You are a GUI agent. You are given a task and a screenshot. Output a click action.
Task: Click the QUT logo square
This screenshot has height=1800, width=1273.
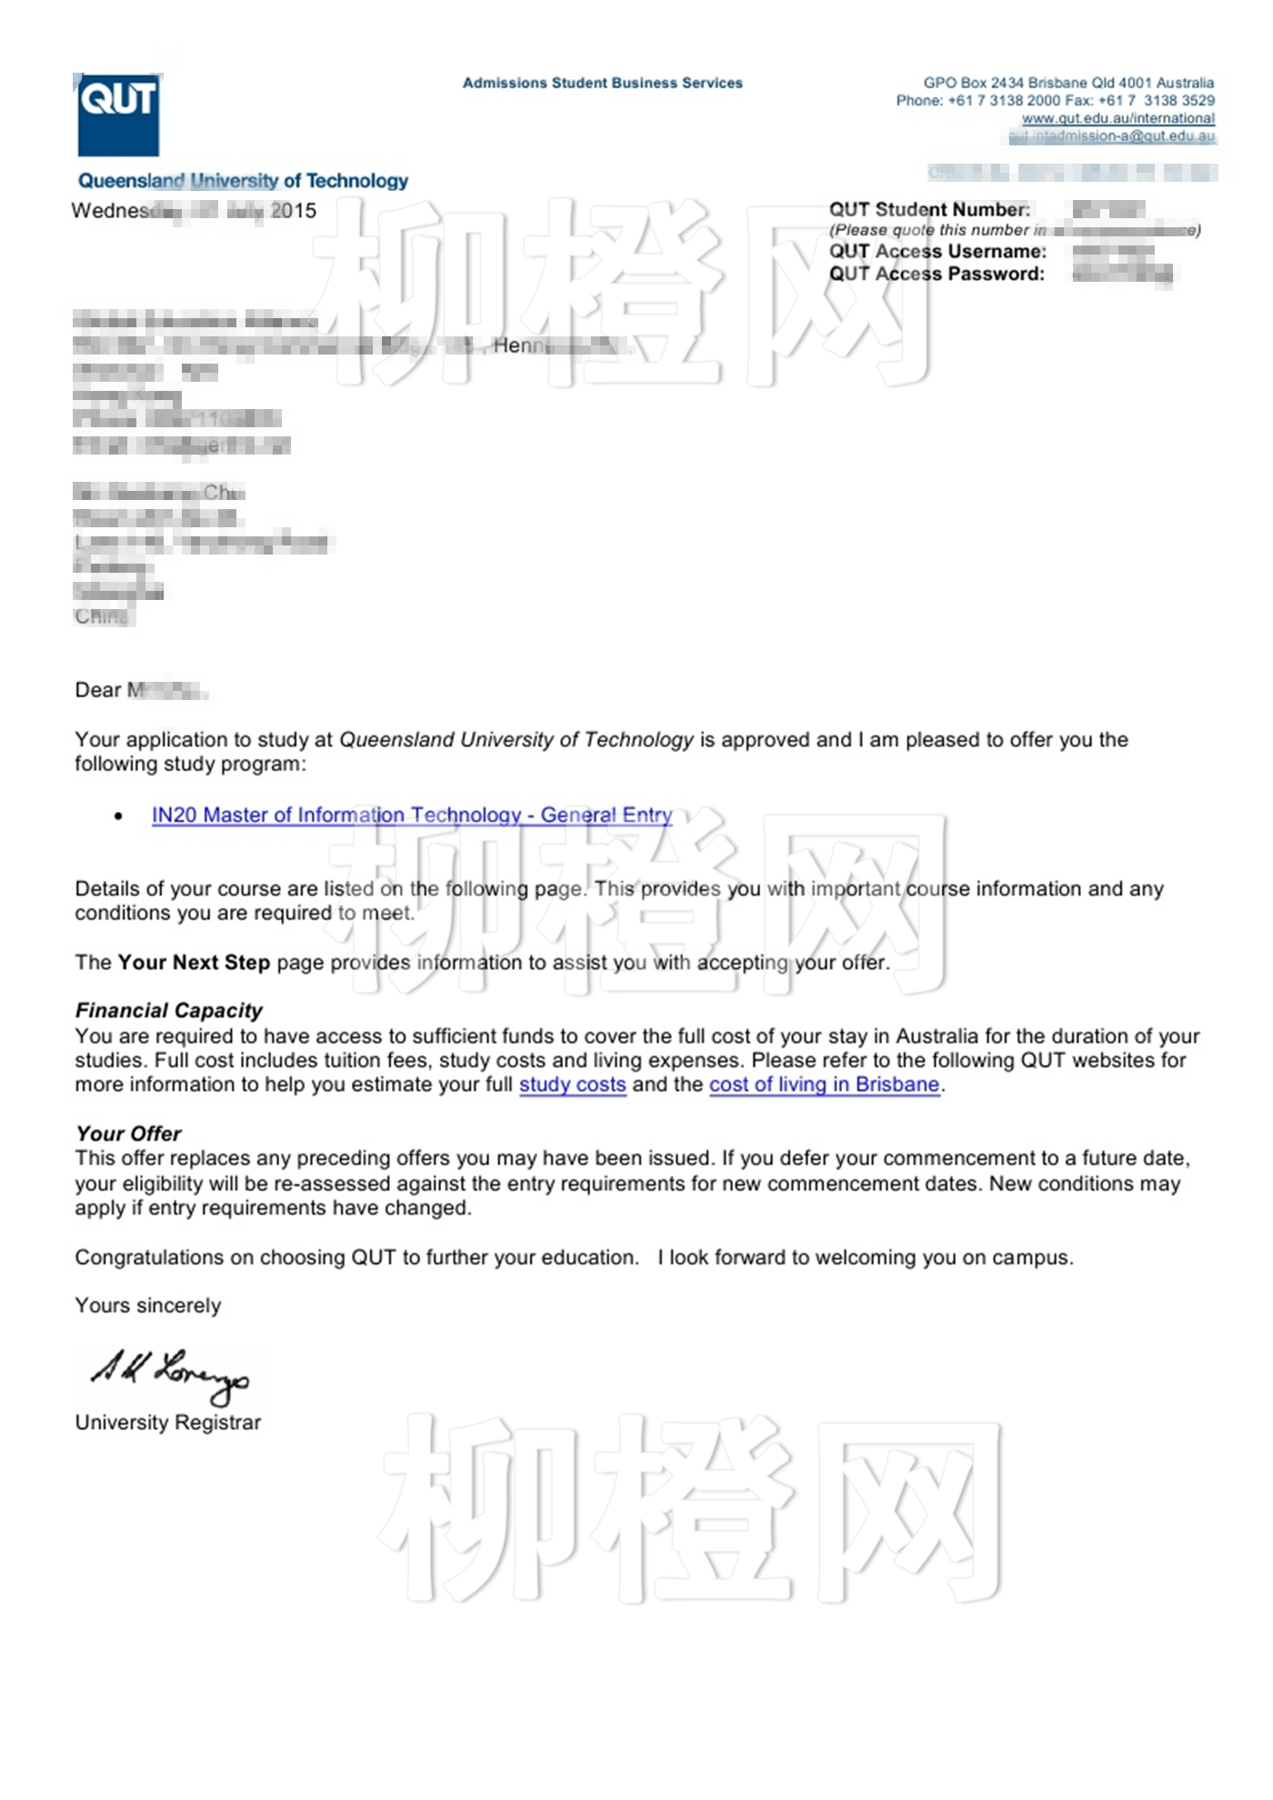pyautogui.click(x=118, y=115)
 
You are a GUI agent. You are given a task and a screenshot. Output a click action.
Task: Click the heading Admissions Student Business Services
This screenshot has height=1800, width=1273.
pyautogui.click(x=602, y=83)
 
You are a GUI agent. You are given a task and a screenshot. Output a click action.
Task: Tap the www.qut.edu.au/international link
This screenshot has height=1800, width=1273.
pyautogui.click(x=1118, y=118)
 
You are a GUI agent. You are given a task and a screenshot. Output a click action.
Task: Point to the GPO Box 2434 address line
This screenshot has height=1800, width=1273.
pyautogui.click(x=1068, y=83)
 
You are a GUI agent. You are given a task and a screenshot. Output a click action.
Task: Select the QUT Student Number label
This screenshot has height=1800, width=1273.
pyautogui.click(x=929, y=210)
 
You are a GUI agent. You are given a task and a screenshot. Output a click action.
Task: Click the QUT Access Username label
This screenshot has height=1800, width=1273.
pyautogui.click(x=937, y=252)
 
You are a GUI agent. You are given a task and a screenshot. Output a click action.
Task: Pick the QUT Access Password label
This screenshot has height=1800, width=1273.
pyautogui.click(x=937, y=274)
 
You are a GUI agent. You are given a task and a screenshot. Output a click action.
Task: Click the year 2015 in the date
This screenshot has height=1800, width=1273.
pyautogui.click(x=294, y=211)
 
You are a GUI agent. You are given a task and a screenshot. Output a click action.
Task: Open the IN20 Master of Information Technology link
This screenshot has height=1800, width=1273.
pyautogui.click(x=412, y=815)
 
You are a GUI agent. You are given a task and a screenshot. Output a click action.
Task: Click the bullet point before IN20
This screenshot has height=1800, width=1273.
pyautogui.click(x=118, y=816)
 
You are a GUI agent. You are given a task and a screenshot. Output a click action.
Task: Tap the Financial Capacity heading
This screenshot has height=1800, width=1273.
pyautogui.click(x=169, y=1010)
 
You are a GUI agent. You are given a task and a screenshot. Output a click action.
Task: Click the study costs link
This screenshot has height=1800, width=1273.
pyautogui.click(x=572, y=1085)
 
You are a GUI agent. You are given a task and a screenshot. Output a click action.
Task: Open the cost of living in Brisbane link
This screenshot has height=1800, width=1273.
pyautogui.click(x=824, y=1085)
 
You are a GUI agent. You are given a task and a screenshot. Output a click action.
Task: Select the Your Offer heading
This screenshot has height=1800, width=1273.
pyautogui.click(x=129, y=1134)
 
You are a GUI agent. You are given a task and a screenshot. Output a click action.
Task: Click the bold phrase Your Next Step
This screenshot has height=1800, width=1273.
pyautogui.click(x=194, y=962)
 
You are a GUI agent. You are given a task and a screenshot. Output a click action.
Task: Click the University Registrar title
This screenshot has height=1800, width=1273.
pyautogui.click(x=168, y=1423)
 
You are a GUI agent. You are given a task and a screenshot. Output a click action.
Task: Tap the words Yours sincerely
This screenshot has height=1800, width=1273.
pyautogui.click(x=148, y=1305)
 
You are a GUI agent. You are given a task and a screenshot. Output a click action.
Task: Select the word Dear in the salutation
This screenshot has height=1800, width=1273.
pyautogui.click(x=97, y=690)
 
